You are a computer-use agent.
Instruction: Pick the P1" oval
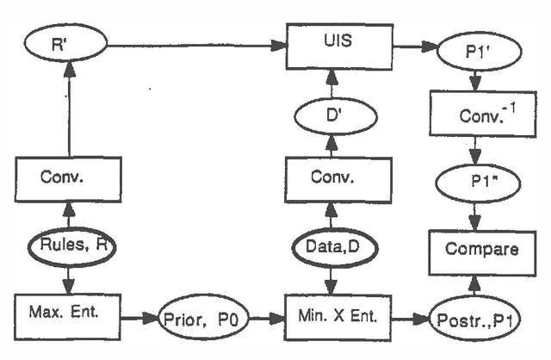coord(475,181)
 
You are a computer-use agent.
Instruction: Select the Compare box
coord(475,250)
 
